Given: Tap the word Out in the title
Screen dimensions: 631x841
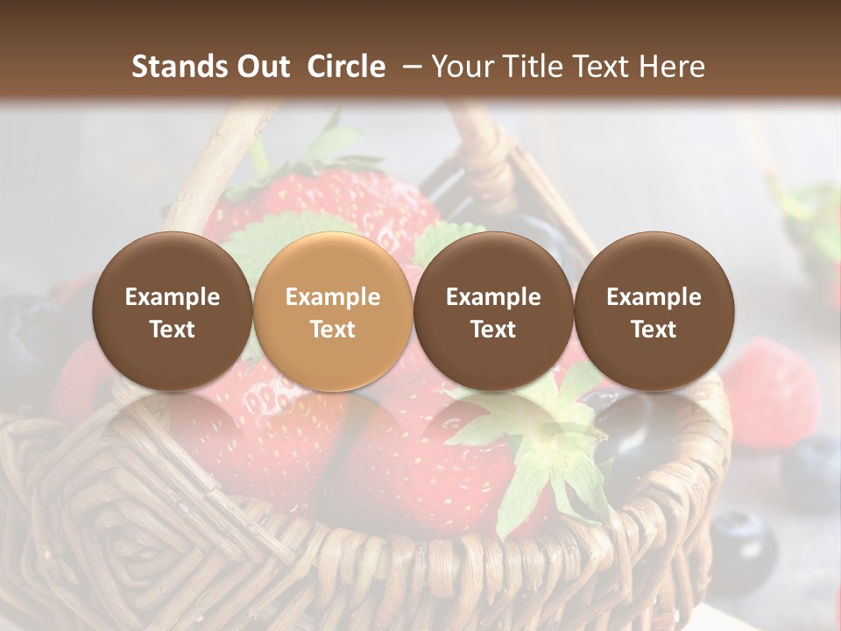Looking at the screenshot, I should pos(262,67).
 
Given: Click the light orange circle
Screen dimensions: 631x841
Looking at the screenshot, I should pos(333,311).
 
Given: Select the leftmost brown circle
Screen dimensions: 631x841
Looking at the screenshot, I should pos(173,311).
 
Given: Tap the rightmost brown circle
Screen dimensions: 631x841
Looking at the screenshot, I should pos(654,311).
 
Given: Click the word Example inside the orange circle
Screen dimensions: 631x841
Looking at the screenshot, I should pos(333,297).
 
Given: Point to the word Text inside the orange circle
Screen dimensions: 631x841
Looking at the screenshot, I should pos(333,330).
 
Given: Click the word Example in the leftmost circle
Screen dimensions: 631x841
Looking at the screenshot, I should pos(173,297).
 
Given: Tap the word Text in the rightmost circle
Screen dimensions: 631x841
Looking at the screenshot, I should pos(654,330).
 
